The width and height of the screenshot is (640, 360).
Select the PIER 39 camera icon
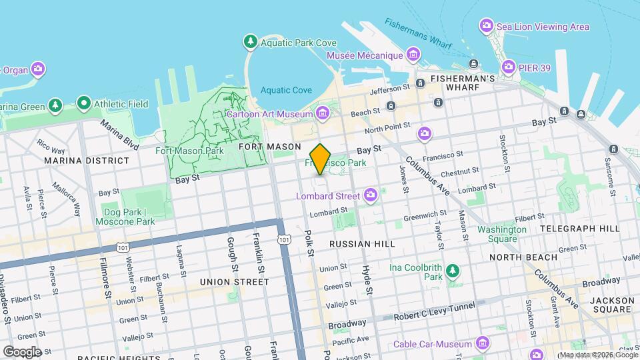509,67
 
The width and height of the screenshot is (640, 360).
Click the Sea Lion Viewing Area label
544,27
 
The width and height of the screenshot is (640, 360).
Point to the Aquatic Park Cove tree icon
251,43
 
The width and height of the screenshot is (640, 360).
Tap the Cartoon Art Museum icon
323,113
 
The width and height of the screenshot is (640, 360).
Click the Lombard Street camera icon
371,195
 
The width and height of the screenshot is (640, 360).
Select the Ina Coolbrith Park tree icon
453,271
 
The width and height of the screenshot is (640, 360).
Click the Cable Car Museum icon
483,344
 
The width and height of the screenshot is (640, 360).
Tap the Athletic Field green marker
83,104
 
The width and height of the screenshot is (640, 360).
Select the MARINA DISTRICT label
87,161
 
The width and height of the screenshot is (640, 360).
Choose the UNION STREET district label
235,282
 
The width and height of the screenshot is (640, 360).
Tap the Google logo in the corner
22,351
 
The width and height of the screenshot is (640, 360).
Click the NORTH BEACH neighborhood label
523,257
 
